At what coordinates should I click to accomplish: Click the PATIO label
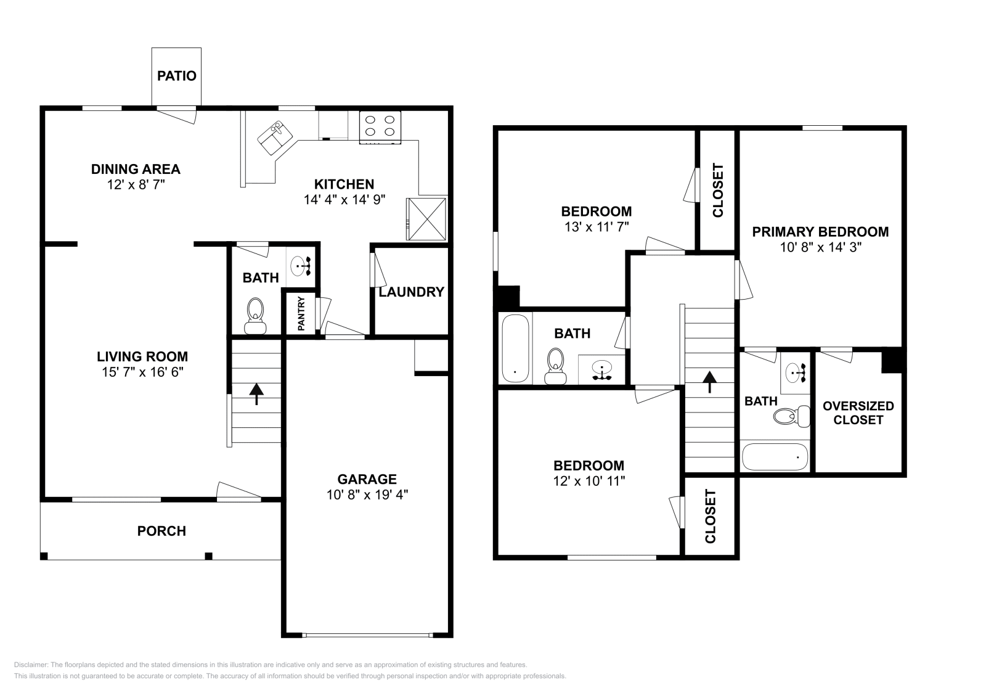(176, 76)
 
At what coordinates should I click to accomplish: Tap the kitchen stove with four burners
(380, 126)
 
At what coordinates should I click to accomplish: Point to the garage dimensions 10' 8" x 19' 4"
(367, 494)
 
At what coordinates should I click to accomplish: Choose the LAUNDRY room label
(411, 292)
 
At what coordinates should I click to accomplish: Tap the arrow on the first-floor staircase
(256, 393)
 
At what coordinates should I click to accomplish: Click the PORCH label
(161, 531)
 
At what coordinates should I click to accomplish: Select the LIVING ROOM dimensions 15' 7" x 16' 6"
(142, 372)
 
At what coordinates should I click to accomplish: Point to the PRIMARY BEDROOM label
(820, 232)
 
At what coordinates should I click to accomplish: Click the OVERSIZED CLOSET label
(858, 413)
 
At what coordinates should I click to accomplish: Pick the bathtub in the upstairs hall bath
(515, 349)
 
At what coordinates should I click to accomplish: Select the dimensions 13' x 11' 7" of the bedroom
(595, 227)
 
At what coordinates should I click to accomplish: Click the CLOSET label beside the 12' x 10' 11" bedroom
(710, 517)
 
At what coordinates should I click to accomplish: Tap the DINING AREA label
(136, 169)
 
